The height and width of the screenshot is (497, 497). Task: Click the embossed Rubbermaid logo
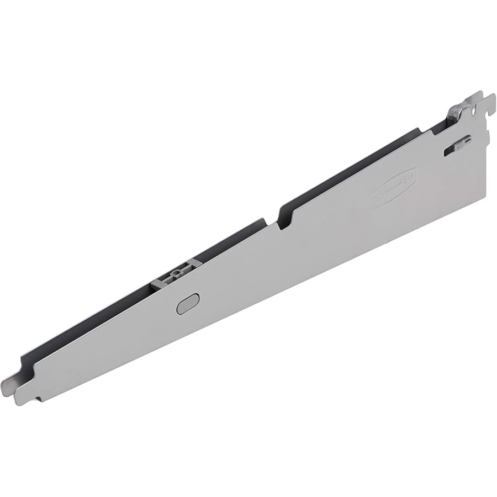[x=393, y=188]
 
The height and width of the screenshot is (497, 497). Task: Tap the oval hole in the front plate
[x=188, y=303]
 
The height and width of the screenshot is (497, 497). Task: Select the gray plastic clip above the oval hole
[x=176, y=274]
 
